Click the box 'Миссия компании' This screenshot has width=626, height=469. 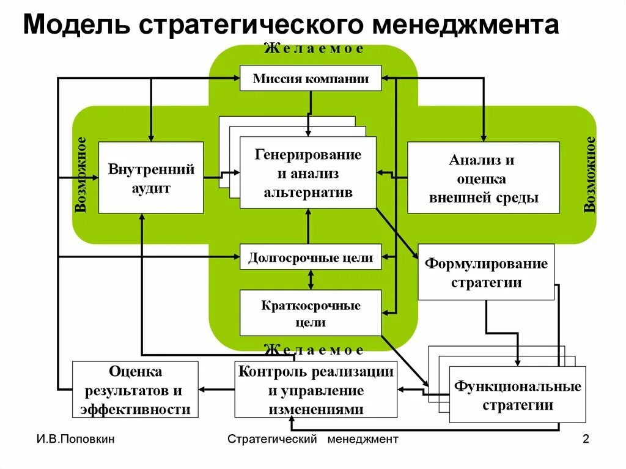point(311,78)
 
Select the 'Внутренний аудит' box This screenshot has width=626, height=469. point(150,178)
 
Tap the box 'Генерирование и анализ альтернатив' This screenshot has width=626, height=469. point(307,172)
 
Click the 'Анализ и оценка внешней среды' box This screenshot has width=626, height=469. point(483,178)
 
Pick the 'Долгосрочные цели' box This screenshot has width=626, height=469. point(311,257)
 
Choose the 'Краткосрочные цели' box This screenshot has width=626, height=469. point(311,313)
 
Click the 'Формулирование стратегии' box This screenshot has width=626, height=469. point(486,272)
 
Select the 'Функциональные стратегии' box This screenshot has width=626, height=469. point(517,395)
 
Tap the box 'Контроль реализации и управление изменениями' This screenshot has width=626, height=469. point(315,390)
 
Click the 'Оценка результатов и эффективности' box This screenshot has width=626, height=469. point(135,390)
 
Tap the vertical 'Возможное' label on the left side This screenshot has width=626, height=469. point(81,175)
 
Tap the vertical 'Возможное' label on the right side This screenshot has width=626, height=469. point(589,175)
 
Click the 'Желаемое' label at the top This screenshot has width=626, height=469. point(314,49)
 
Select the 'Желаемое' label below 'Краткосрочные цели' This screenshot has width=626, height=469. point(314,350)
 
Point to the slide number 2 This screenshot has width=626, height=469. point(586,439)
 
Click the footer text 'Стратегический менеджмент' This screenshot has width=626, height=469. point(312,439)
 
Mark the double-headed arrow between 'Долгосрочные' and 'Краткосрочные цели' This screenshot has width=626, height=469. point(311,279)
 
